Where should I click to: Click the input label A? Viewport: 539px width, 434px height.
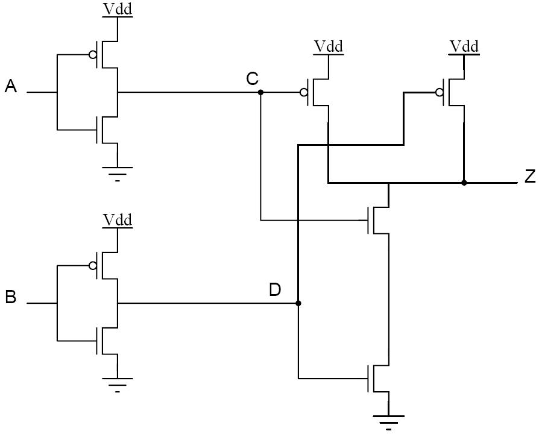[11, 86]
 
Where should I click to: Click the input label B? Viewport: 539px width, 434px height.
[11, 297]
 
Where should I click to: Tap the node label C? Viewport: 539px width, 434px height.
[252, 79]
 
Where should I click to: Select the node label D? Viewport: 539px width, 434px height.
[275, 290]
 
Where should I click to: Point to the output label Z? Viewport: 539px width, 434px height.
[530, 176]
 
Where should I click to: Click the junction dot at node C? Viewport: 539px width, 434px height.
[260, 92]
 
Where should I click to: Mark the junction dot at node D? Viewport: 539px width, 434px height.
[298, 303]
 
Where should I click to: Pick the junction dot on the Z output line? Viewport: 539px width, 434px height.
[464, 183]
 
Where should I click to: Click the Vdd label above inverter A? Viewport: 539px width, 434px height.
[118, 9]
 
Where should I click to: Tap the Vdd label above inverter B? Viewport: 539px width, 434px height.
[118, 220]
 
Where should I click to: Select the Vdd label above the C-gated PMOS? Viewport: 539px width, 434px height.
[329, 47]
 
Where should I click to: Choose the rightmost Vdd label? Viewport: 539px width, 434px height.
[464, 47]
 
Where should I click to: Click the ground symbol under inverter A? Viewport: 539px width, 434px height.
[118, 174]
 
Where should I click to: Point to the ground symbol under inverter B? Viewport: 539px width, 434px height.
[118, 385]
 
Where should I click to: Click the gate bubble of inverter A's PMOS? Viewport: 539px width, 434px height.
[92, 54]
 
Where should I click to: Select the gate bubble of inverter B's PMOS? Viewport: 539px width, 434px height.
[92, 265]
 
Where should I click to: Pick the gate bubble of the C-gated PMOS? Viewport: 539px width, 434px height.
[304, 92]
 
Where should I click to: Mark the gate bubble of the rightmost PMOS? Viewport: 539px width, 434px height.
[439, 92]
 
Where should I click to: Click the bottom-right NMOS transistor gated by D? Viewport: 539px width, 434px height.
[378, 379]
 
